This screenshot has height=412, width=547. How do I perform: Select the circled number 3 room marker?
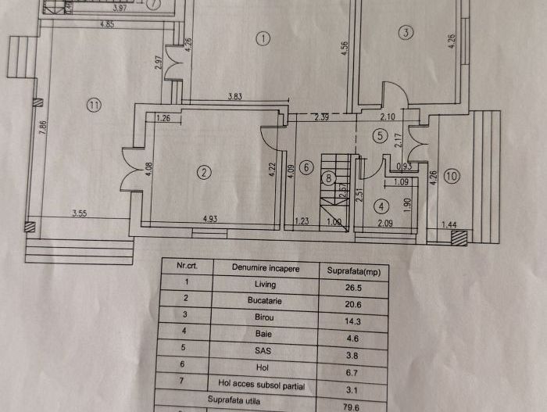(405, 33)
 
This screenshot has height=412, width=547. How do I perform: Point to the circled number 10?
(452, 176)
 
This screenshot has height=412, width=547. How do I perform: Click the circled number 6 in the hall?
(306, 167)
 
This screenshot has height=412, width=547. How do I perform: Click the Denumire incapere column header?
(265, 267)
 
